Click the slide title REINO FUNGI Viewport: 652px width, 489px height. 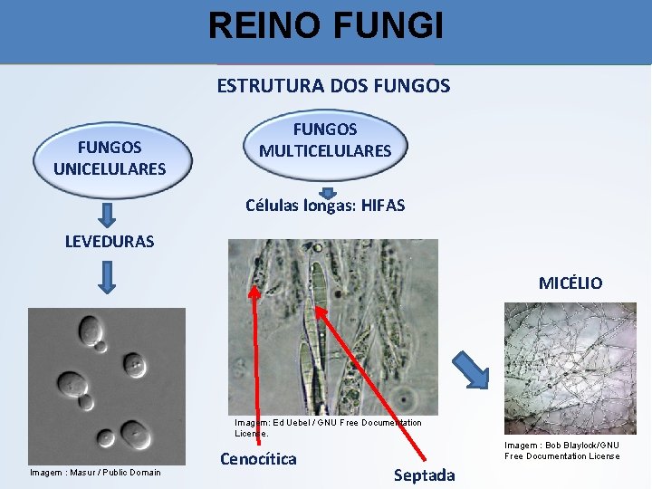coord(326,25)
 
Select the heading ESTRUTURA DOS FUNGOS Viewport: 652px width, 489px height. coord(333,86)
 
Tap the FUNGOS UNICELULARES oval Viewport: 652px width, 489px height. coord(110,158)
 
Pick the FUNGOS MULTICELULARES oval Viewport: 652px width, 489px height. coord(325,140)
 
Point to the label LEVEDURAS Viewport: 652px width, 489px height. coord(110,242)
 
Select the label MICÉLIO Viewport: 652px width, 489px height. coord(570,283)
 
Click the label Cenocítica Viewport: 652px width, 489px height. coord(258,459)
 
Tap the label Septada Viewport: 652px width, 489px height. coord(424,475)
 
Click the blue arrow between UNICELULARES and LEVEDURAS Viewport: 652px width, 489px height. coord(108,215)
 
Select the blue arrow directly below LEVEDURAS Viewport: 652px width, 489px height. coord(108,277)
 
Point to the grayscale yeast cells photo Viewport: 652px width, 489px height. coord(106,385)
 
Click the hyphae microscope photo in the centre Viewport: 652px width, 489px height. coord(332,326)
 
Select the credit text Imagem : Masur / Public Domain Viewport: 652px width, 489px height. coord(95,472)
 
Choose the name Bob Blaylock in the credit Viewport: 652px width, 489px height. coord(577,446)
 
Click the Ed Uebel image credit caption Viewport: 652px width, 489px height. coord(327,427)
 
